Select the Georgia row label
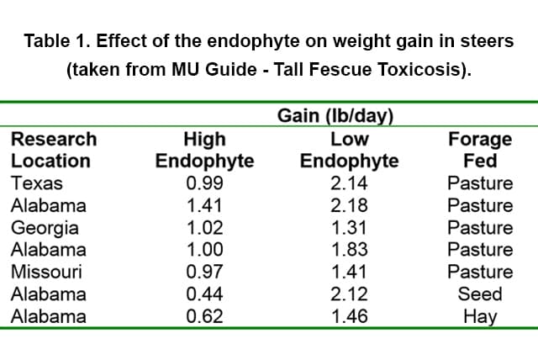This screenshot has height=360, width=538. coord(45,228)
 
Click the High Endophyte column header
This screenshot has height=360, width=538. coord(204,150)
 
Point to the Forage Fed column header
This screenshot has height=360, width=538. coord(480,150)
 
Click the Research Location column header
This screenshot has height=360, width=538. coord(53,150)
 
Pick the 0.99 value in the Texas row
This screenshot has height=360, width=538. coord(204,183)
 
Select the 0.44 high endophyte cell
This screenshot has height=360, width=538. coord(204,294)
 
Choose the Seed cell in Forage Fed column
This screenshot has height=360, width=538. coord(480,294)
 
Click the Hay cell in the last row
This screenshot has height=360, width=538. coord(480,317)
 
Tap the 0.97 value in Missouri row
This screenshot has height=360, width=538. coord(204,272)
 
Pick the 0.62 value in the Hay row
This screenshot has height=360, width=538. coord(204,317)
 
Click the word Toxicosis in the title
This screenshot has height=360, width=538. coord(424,69)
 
